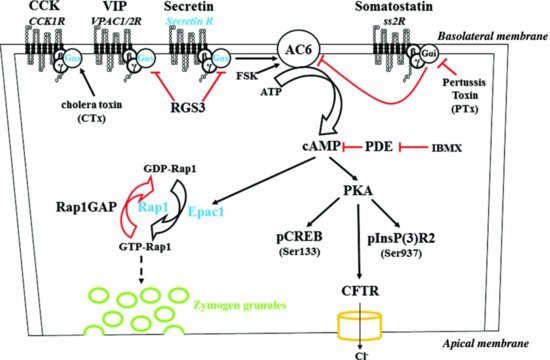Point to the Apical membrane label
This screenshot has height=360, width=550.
coord(495,343)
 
